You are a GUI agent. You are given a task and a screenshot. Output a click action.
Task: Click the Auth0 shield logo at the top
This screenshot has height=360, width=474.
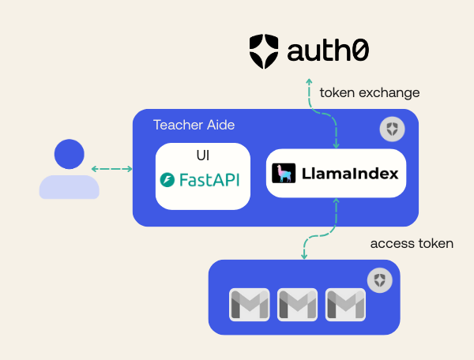[264, 51]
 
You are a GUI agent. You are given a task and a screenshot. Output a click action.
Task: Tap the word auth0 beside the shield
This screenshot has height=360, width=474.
[328, 51]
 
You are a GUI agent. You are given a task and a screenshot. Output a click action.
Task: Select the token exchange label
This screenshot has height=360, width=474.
[370, 92]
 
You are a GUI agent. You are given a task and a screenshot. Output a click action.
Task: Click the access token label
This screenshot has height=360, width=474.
[412, 243]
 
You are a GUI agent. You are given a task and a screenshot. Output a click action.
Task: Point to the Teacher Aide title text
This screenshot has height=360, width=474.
[194, 125]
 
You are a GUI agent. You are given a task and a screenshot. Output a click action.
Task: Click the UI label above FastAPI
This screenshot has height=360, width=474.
[203, 156]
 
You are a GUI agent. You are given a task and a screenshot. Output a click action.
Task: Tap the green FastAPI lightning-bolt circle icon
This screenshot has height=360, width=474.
[167, 180]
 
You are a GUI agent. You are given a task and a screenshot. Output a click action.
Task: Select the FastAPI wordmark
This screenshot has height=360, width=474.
[209, 180]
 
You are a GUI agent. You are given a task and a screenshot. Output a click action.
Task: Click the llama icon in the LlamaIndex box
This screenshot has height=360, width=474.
[284, 174]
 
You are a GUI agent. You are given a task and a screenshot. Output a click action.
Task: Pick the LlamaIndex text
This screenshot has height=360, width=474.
[350, 174]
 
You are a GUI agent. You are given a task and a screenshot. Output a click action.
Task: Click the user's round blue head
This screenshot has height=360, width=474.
[70, 154]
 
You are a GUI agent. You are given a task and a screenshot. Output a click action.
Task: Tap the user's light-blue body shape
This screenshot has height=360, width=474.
[70, 187]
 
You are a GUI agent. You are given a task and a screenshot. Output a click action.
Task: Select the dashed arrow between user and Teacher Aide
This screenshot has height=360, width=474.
[112, 169]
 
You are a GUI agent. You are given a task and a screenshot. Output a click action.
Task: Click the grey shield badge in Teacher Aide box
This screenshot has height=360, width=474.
[392, 129]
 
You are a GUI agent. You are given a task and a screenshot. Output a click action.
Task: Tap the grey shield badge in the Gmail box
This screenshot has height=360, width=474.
[380, 280]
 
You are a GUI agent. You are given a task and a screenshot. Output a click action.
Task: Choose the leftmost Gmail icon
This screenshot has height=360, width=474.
[250, 305]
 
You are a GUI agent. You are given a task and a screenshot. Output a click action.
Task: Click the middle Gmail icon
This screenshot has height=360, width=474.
[298, 305]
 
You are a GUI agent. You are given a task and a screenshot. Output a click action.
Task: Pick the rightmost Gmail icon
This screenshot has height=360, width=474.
[345, 305]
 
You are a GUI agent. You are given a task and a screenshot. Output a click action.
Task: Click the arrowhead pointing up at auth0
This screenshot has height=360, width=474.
[309, 81]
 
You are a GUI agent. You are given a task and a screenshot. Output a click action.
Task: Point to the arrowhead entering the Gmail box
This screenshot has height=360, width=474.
[304, 257]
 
